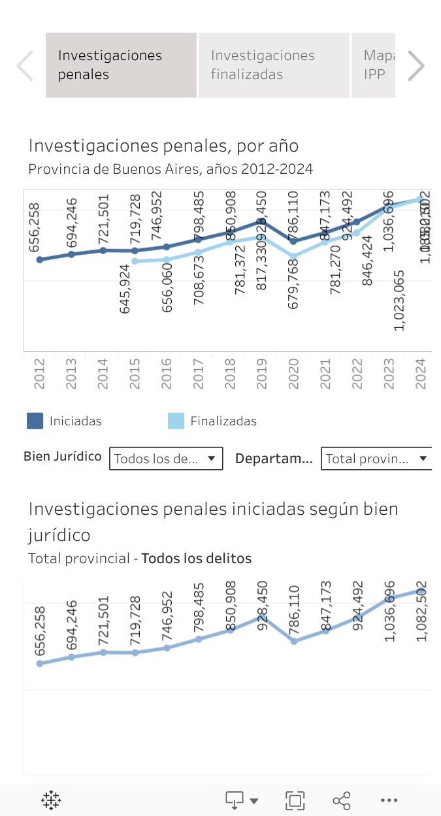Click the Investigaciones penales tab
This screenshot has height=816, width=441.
(121, 65)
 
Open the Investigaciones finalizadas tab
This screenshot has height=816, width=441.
(273, 65)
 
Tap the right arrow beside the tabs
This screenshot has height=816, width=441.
(416, 65)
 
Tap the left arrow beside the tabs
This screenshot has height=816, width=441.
(25, 65)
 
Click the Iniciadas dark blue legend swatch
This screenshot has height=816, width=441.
(35, 421)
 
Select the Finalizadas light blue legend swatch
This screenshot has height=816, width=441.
(176, 421)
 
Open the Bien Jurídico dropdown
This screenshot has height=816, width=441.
(166, 459)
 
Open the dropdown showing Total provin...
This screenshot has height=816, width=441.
(377, 459)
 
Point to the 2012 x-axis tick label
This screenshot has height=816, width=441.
(40, 374)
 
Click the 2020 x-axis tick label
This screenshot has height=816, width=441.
(293, 374)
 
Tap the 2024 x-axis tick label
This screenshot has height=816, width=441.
(421, 374)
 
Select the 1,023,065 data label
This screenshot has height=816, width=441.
(400, 300)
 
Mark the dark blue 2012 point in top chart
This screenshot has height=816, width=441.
(40, 259)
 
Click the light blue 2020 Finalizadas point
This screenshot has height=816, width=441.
(293, 257)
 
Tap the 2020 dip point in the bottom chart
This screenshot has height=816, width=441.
(294, 641)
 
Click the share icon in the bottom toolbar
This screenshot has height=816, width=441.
(341, 800)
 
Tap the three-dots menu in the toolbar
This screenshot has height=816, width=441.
(389, 800)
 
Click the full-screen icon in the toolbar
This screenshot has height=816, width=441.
(295, 800)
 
